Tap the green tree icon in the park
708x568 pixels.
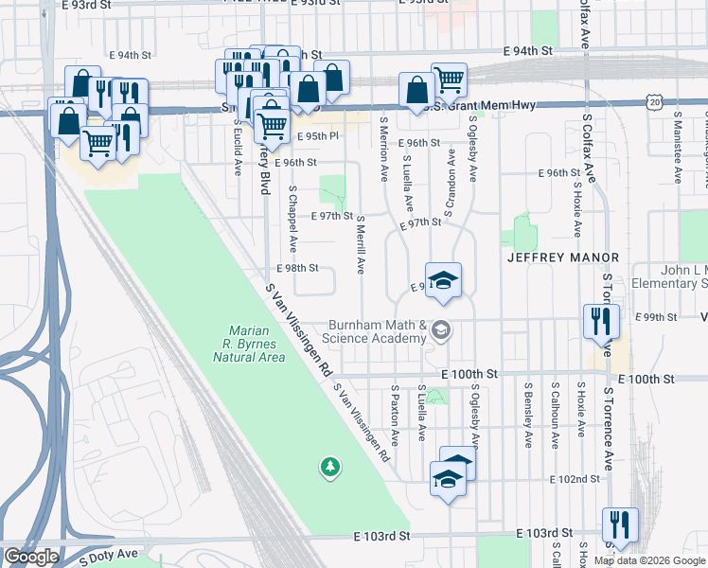329,466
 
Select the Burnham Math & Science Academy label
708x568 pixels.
376,331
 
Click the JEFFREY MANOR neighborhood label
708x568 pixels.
562,257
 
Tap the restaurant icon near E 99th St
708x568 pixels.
601,322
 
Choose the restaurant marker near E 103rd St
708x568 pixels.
619,525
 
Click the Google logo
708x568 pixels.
31,557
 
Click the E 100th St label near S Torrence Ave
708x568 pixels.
646,379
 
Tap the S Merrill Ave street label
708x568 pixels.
361,244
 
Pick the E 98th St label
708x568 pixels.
298,268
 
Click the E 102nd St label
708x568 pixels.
579,479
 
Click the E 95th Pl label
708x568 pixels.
316,136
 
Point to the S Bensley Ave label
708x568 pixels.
528,415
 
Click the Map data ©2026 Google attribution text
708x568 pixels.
650,560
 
